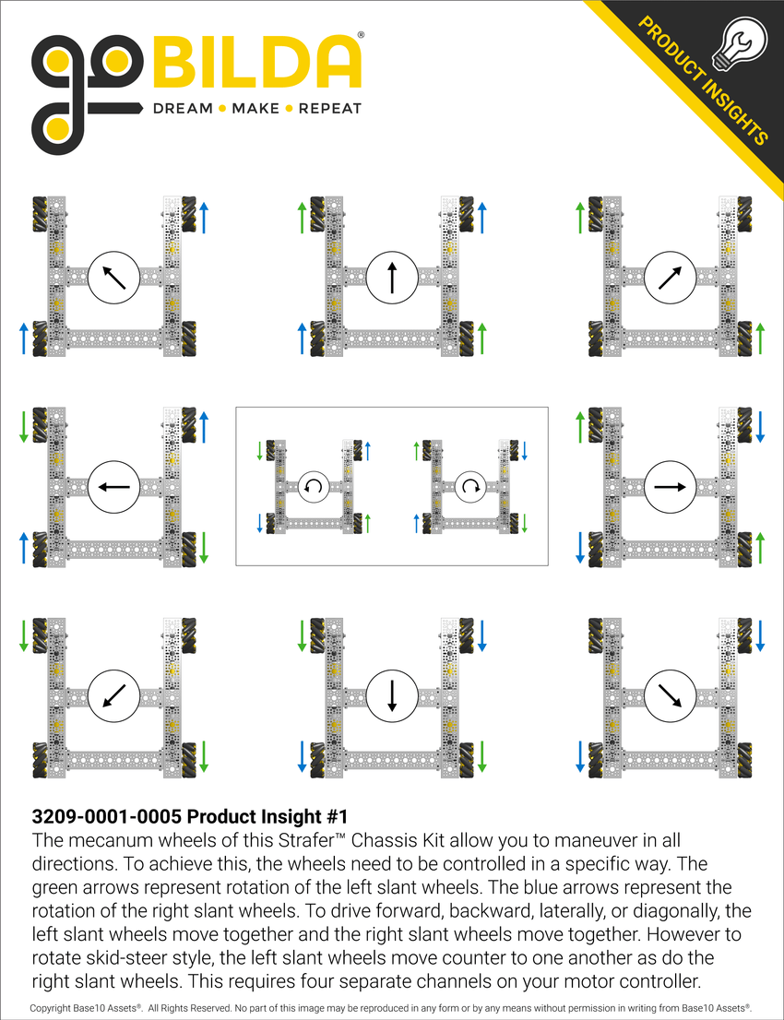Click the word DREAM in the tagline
pyautogui.click(x=182, y=108)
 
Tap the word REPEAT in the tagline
pyautogui.click(x=329, y=108)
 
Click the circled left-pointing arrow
pyautogui.click(x=114, y=487)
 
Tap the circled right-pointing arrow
pyautogui.click(x=671, y=487)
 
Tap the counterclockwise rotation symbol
pyautogui.click(x=314, y=486)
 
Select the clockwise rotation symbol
pyautogui.click(x=470, y=486)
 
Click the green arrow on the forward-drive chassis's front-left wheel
pyautogui.click(x=301, y=218)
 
